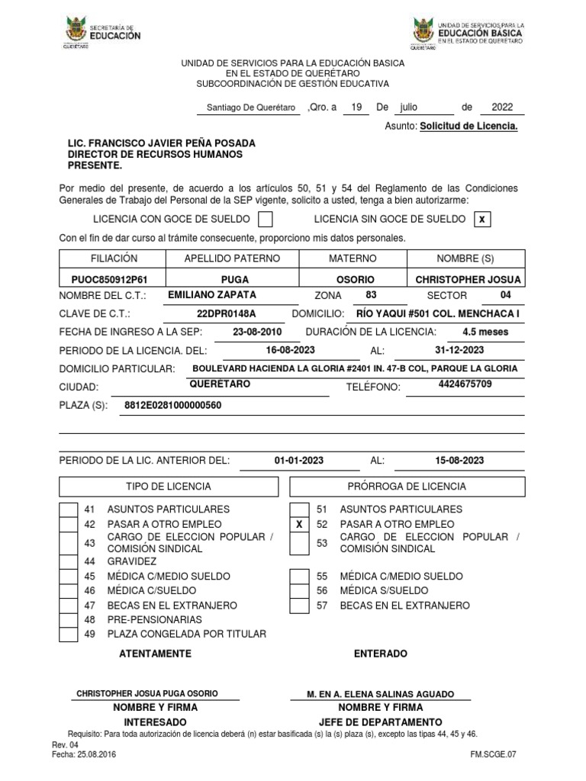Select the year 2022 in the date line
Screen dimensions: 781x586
point(502,108)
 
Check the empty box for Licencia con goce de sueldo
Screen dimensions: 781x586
point(266,220)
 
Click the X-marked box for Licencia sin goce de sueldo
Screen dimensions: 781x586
point(481,220)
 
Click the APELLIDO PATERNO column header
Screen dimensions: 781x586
point(232,259)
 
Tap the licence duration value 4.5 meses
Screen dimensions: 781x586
point(485,332)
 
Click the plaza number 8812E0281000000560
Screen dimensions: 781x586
point(172,405)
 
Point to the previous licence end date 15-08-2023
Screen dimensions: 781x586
point(459,461)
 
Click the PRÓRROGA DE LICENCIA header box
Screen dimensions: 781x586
point(407,487)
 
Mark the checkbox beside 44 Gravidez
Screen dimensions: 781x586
point(69,561)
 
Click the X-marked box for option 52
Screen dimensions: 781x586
point(299,524)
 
